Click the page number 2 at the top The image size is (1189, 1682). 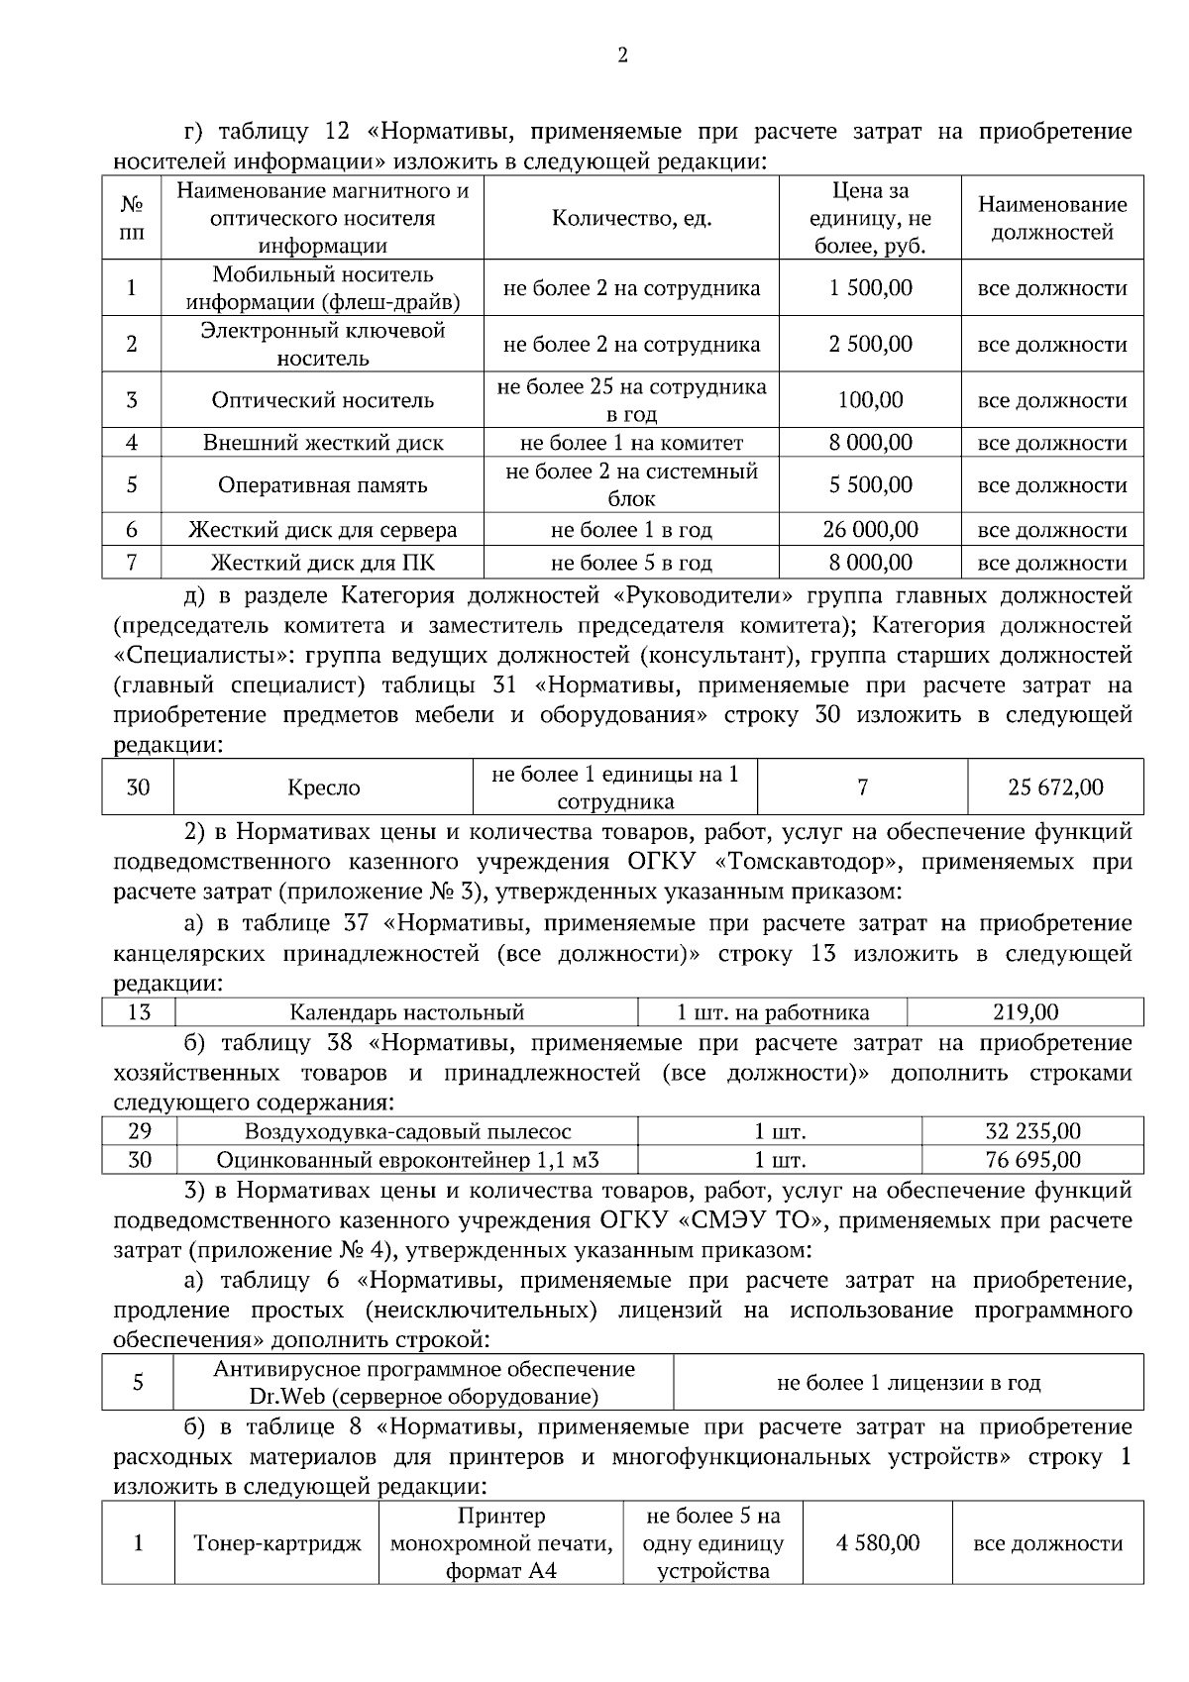(x=622, y=56)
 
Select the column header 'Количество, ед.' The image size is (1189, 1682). (x=631, y=219)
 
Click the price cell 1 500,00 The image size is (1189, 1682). (x=870, y=288)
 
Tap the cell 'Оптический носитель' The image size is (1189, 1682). (x=322, y=400)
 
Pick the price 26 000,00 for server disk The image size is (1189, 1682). (x=870, y=530)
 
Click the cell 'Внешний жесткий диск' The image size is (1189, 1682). (x=323, y=443)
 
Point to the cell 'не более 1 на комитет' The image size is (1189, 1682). (x=631, y=443)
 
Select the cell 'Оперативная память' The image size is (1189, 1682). (x=322, y=485)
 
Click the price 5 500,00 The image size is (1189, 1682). (x=870, y=485)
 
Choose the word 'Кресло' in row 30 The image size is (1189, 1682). (x=324, y=788)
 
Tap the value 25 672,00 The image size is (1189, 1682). (x=1055, y=788)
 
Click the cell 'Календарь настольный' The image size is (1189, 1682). (x=406, y=1012)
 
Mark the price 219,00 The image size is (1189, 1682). (x=1026, y=1012)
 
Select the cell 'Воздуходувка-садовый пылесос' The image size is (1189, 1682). (x=407, y=1131)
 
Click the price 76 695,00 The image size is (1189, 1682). (x=1032, y=1160)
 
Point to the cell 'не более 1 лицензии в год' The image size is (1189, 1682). (x=908, y=1383)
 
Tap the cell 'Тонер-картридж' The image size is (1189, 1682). (x=277, y=1543)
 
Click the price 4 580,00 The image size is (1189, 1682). (x=878, y=1543)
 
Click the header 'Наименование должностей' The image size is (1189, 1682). (x=1052, y=219)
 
